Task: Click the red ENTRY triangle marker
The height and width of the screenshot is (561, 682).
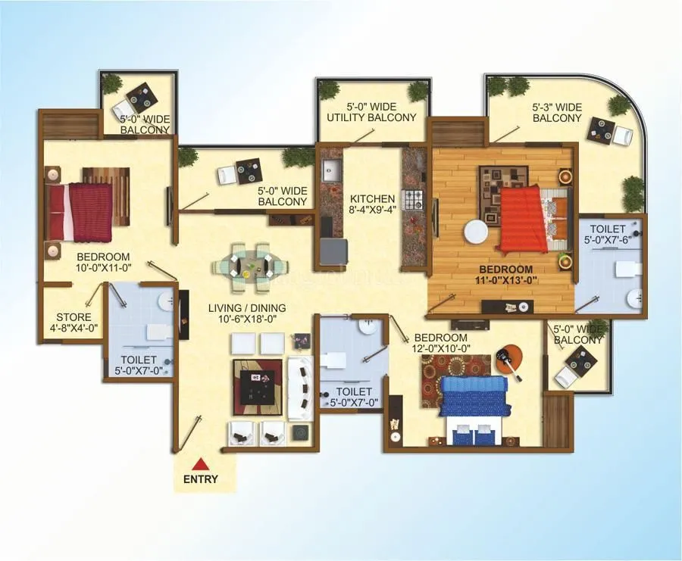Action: pyautogui.click(x=200, y=464)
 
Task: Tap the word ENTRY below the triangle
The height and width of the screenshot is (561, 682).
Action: pyautogui.click(x=200, y=478)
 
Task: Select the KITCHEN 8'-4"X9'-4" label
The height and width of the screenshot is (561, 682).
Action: pyautogui.click(x=372, y=205)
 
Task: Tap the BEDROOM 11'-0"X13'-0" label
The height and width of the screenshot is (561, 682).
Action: pyautogui.click(x=505, y=274)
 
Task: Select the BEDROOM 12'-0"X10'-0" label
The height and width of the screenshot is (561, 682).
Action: pyautogui.click(x=440, y=343)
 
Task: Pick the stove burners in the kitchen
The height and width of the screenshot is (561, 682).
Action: pyautogui.click(x=414, y=199)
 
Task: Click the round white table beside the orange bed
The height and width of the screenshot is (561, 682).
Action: pyautogui.click(x=477, y=230)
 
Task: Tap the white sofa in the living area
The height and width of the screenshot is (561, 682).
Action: pyautogui.click(x=301, y=388)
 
